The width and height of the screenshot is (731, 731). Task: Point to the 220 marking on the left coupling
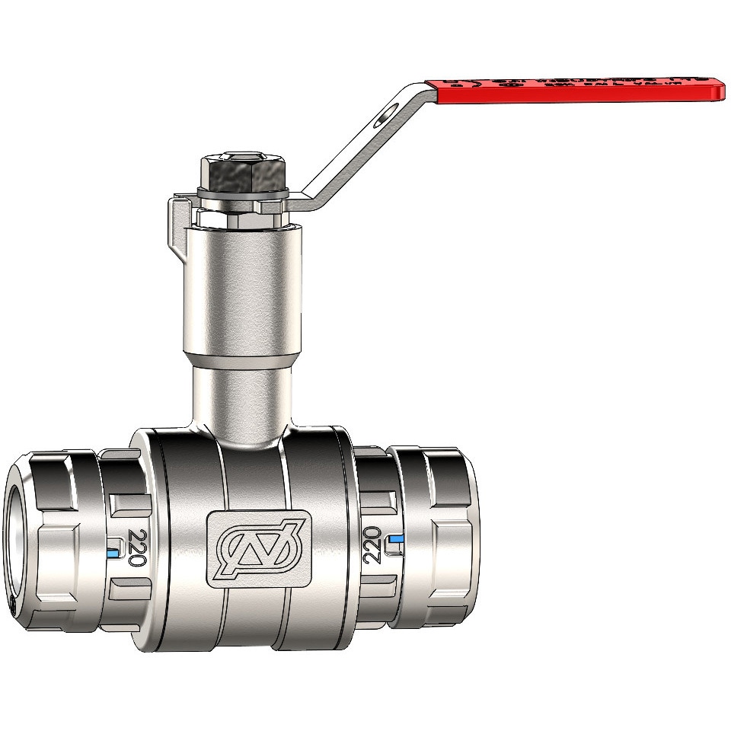click(137, 547)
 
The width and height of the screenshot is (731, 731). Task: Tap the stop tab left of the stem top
click(177, 217)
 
